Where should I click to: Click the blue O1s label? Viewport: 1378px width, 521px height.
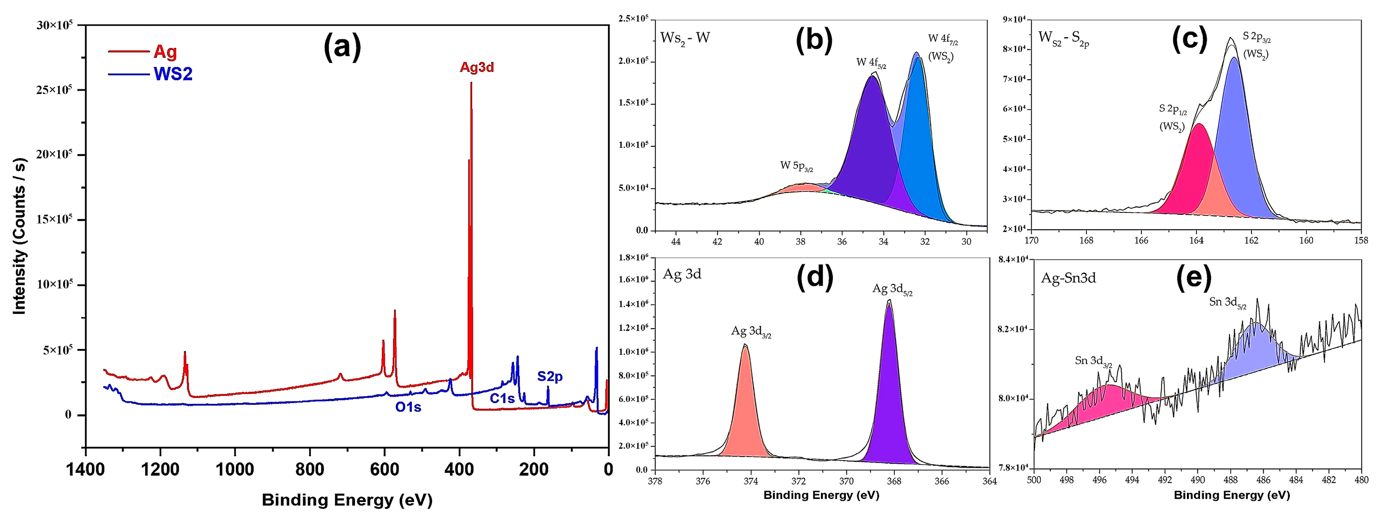click(x=408, y=407)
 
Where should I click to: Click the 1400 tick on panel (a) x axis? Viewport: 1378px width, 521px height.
click(x=85, y=470)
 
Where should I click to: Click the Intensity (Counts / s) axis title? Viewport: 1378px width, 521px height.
click(x=20, y=235)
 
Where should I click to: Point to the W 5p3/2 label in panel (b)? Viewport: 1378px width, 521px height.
click(x=796, y=166)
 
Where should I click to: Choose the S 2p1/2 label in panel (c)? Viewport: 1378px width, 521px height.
click(x=1173, y=110)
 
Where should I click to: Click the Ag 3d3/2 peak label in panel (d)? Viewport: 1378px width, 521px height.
click(x=751, y=332)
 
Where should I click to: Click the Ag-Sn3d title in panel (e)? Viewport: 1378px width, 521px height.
click(x=1068, y=277)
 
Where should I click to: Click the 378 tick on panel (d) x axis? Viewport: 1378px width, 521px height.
click(x=655, y=481)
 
